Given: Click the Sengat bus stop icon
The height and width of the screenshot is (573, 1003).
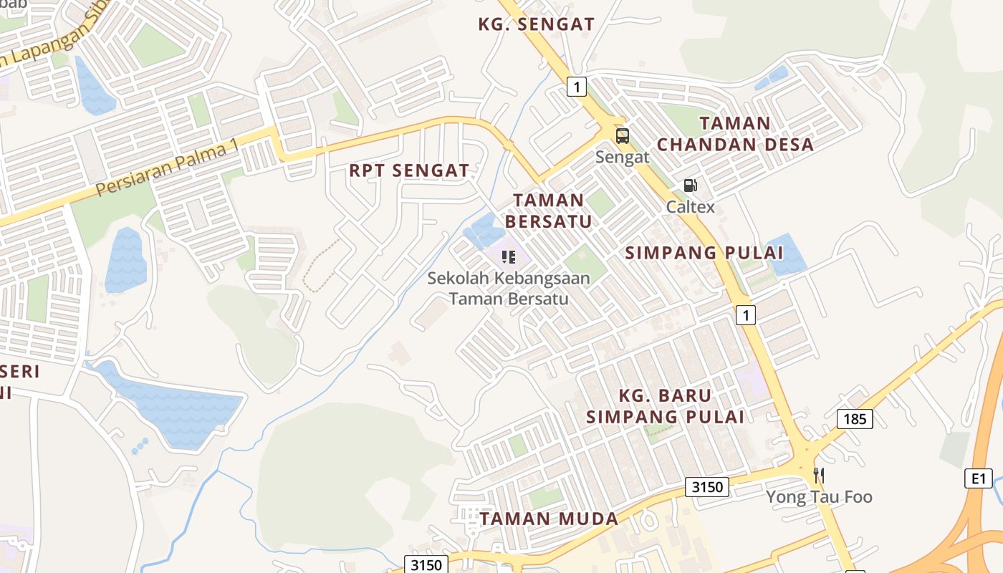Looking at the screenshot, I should (x=622, y=135).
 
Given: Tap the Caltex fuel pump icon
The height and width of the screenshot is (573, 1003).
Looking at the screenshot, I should (x=690, y=186).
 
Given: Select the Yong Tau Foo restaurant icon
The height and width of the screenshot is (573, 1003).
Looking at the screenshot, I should (x=819, y=475).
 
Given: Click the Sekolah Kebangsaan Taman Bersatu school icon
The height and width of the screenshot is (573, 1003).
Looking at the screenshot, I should (x=509, y=256).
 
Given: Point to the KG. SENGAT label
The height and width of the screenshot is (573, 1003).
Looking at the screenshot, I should (x=536, y=24).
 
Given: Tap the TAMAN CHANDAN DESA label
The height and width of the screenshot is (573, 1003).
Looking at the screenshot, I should (x=735, y=134).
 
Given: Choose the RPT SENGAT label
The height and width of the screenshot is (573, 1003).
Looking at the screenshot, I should (x=409, y=170).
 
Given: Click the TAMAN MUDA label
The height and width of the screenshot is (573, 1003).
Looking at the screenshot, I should (x=549, y=519).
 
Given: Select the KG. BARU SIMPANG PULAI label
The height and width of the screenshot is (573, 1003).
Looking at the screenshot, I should (x=665, y=406).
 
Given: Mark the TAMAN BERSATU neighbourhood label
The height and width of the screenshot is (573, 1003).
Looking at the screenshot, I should (x=549, y=211).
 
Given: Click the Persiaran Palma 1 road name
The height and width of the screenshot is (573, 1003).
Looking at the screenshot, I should (x=167, y=168).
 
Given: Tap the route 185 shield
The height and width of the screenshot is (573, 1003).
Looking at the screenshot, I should (x=855, y=418).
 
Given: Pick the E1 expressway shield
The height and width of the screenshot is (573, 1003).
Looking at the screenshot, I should (x=978, y=478).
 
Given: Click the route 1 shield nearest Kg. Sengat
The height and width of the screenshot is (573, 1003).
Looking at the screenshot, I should (x=577, y=87).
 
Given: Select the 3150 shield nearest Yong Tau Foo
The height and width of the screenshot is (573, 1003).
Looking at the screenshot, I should (x=706, y=488).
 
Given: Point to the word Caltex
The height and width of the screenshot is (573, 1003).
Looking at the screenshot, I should (x=691, y=207).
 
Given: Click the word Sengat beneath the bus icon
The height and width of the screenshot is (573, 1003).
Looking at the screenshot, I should (x=622, y=157).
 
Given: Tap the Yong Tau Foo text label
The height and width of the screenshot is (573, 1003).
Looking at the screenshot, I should (x=819, y=496).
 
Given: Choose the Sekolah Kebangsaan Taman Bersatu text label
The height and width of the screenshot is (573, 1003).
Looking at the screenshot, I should (x=509, y=288).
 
